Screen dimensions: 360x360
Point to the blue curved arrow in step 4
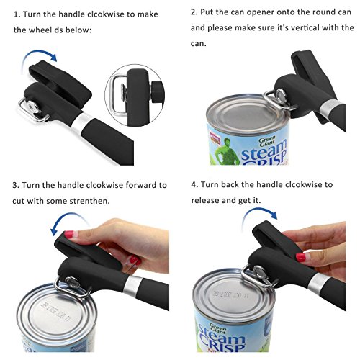point(259,210)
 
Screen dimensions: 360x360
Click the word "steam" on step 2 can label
point(264,150)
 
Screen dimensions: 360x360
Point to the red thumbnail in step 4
point(301,257)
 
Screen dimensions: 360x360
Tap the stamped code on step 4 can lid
point(231,294)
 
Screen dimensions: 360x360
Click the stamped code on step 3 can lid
point(56,311)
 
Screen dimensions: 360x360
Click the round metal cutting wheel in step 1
point(32,107)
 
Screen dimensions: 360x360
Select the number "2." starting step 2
point(194,12)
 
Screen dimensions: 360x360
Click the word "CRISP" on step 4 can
point(222,343)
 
